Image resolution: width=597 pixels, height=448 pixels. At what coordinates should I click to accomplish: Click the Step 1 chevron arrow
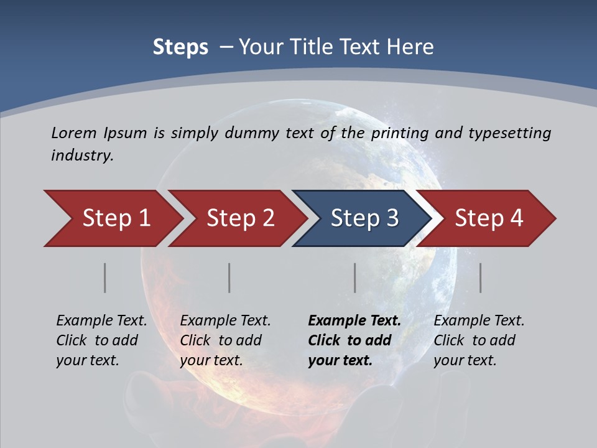coord(116,218)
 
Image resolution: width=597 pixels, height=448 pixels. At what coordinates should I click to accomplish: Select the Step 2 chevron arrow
coord(240,218)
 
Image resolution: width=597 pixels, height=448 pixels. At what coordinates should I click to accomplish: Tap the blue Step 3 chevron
coord(364,218)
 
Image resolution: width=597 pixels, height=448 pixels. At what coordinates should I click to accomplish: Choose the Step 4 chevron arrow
coord(488,218)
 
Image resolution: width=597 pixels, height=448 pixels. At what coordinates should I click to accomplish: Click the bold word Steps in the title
coord(180,47)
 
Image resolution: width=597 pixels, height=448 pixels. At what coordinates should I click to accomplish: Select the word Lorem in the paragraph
coord(74,133)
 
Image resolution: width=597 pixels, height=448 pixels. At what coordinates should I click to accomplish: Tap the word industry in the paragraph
coord(81,156)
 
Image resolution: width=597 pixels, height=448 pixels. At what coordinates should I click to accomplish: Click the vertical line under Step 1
coord(105,278)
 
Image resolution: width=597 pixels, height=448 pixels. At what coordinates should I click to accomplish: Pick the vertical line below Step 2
coord(229,278)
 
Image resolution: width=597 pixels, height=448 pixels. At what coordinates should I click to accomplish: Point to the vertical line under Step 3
coord(355,278)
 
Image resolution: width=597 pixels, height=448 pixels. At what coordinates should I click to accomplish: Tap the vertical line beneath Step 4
coord(481,278)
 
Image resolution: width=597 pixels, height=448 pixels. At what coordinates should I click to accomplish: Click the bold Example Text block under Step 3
coord(354,340)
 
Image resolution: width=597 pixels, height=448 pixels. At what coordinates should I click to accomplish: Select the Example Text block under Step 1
coord(101,340)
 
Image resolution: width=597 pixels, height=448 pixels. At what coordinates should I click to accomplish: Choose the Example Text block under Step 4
coord(479,340)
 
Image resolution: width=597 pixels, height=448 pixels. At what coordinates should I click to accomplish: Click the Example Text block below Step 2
coord(225,340)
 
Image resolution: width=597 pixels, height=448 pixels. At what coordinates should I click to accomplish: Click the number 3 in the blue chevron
coord(392,218)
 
